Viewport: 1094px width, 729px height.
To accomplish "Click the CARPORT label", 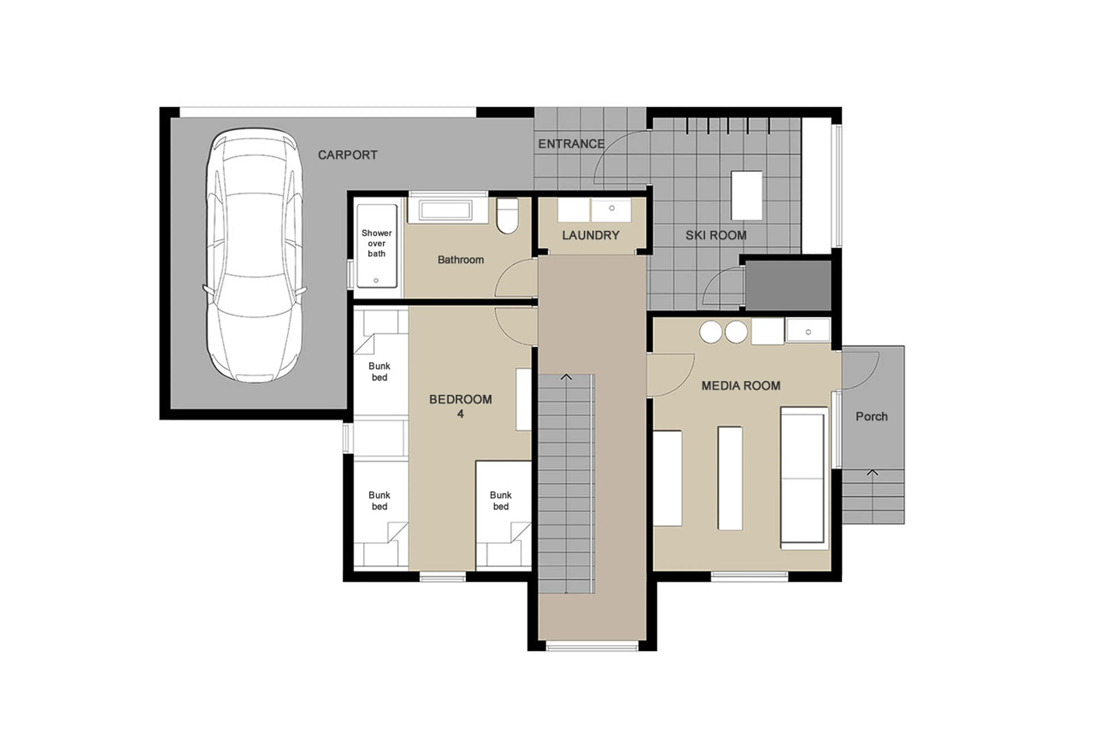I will click(347, 155).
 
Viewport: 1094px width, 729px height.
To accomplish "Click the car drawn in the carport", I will click(254, 256).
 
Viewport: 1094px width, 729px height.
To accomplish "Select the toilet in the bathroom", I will click(507, 216).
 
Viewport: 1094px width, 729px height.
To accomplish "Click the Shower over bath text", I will click(376, 243).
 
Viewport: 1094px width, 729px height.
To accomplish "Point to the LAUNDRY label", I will click(590, 235).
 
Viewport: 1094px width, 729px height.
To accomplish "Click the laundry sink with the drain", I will click(611, 210).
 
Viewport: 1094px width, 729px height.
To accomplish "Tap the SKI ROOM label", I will click(716, 235).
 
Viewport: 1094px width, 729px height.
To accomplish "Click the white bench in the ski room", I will click(746, 195).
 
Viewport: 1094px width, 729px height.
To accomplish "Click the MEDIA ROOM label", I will click(740, 385).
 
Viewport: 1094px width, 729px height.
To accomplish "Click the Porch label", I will click(871, 416).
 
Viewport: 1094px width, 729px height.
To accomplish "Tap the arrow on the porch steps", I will click(872, 473).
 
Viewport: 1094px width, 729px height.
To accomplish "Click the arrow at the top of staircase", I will click(566, 377).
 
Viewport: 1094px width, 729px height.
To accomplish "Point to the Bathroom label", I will click(460, 260).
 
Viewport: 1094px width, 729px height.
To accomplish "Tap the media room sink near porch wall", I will click(808, 331).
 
